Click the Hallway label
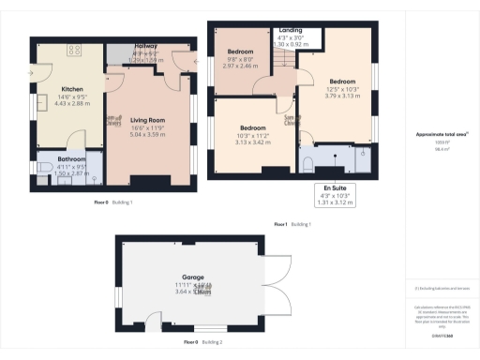145,44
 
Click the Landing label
291,30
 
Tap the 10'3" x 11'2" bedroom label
255,127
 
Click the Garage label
193,277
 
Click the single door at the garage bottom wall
152,327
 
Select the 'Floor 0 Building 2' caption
203,343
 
